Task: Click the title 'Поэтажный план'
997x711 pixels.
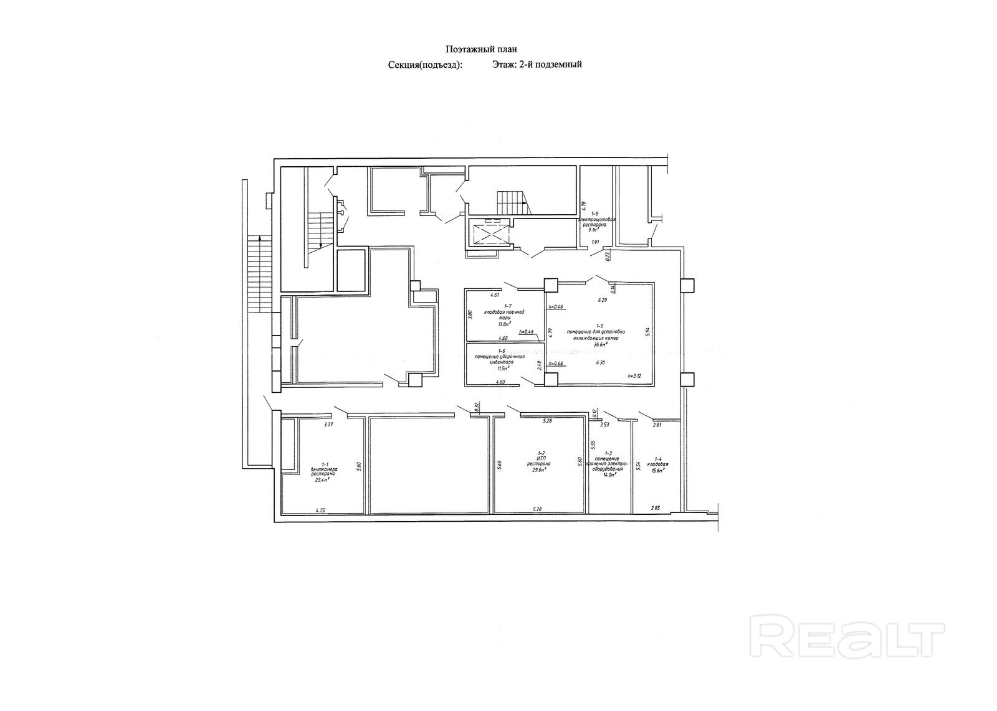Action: [482, 49]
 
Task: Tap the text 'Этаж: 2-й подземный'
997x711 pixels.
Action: [537, 64]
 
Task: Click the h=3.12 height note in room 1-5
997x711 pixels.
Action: [634, 376]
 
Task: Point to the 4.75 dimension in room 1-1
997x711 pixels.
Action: [320, 511]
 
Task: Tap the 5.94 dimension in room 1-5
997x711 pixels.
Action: [648, 332]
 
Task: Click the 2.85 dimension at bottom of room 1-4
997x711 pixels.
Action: [656, 508]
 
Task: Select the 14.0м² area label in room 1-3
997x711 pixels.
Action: [608, 474]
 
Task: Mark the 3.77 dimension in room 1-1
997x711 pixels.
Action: [328, 425]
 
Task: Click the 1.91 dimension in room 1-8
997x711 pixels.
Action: [594, 242]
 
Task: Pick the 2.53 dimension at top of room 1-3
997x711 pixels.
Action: [604, 425]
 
